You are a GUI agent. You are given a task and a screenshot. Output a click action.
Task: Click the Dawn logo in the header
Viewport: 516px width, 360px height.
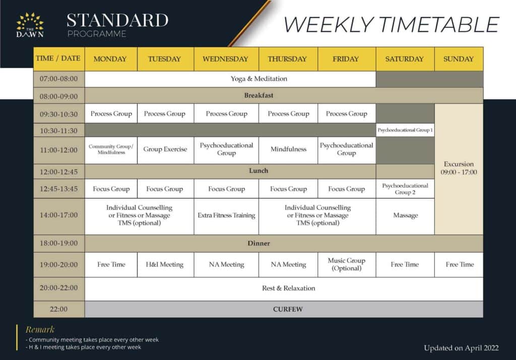click(x=30, y=25)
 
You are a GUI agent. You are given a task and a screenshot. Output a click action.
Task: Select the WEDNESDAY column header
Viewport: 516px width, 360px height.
click(x=226, y=59)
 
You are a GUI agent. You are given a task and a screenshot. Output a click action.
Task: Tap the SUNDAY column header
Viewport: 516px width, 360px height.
click(x=459, y=59)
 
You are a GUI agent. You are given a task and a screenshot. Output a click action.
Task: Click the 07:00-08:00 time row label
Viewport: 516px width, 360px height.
click(x=59, y=79)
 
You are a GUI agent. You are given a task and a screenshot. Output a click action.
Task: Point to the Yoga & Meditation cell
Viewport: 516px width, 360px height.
click(x=259, y=79)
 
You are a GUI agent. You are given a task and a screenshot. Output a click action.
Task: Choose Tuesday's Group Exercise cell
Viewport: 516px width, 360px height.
click(x=165, y=149)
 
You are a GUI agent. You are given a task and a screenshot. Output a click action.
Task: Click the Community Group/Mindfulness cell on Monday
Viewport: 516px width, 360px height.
click(x=111, y=149)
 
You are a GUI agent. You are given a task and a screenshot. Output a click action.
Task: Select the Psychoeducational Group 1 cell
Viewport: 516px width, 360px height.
click(x=405, y=130)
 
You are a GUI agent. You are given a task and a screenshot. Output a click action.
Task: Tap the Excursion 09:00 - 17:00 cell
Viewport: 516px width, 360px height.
click(x=459, y=168)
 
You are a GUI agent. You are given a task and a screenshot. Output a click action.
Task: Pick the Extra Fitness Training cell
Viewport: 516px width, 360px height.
click(x=226, y=215)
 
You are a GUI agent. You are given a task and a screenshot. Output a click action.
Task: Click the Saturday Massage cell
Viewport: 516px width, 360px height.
click(x=405, y=215)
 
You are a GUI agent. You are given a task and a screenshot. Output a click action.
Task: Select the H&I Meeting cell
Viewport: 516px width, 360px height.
click(x=165, y=265)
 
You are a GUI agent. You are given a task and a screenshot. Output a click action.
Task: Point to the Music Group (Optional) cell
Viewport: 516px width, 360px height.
click(x=346, y=265)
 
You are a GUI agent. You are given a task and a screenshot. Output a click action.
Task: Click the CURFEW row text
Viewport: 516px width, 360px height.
click(x=288, y=309)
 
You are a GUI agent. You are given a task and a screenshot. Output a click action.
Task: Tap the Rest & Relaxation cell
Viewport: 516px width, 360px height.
click(x=288, y=288)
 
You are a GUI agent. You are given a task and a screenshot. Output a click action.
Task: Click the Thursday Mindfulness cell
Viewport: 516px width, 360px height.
click(x=288, y=149)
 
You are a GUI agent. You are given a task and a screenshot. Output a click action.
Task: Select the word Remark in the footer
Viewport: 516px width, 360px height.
click(x=40, y=330)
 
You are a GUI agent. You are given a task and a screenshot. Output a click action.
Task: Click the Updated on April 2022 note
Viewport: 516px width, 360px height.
click(x=461, y=348)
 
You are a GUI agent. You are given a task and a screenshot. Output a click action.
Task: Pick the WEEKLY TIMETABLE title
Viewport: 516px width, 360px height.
click(x=392, y=24)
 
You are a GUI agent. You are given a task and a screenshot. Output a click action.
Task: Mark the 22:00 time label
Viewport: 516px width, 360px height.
click(x=59, y=309)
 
